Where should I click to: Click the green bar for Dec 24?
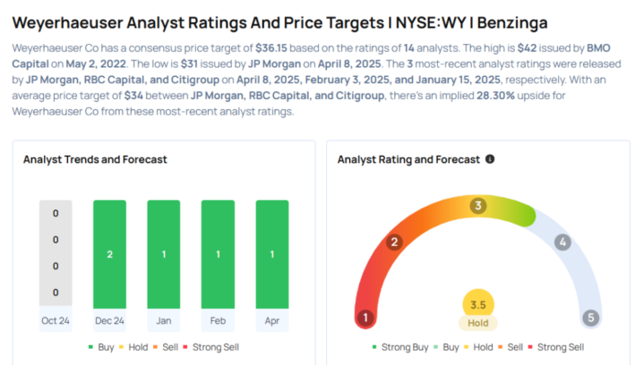pyautogui.click(x=109, y=255)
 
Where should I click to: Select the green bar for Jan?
pyautogui.click(x=164, y=255)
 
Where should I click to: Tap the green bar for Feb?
pyautogui.click(x=218, y=255)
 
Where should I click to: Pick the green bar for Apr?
pyautogui.click(x=272, y=255)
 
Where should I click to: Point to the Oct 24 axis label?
pyautogui.click(x=56, y=321)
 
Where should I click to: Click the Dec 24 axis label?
pyautogui.click(x=109, y=321)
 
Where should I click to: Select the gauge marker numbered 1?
pyautogui.click(x=365, y=318)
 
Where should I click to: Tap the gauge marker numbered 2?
pyautogui.click(x=393, y=242)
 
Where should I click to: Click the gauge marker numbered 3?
pyautogui.click(x=478, y=206)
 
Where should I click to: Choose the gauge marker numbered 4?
pyautogui.click(x=562, y=242)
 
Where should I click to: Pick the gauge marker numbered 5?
pyautogui.click(x=590, y=318)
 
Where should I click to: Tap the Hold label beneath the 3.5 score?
pyautogui.click(x=478, y=323)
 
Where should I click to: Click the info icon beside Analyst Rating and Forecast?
pyautogui.click(x=490, y=159)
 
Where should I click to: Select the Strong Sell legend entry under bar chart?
pyautogui.click(x=211, y=346)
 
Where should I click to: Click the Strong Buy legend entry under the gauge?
pyautogui.click(x=401, y=346)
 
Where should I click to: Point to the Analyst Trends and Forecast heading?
pyautogui.click(x=95, y=159)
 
